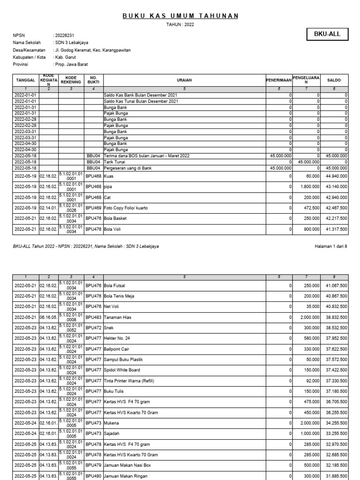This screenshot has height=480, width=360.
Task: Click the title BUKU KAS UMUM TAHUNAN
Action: point(180,16)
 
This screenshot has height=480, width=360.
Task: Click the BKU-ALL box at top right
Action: point(328,34)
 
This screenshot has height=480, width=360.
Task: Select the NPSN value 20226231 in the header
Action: point(65,36)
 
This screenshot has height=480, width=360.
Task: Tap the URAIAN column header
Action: point(184,80)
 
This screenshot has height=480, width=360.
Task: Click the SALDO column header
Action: point(334,80)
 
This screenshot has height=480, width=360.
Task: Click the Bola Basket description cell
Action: point(115,218)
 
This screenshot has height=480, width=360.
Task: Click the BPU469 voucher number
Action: point(93,208)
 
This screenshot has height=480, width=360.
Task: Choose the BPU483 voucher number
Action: point(93,316)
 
